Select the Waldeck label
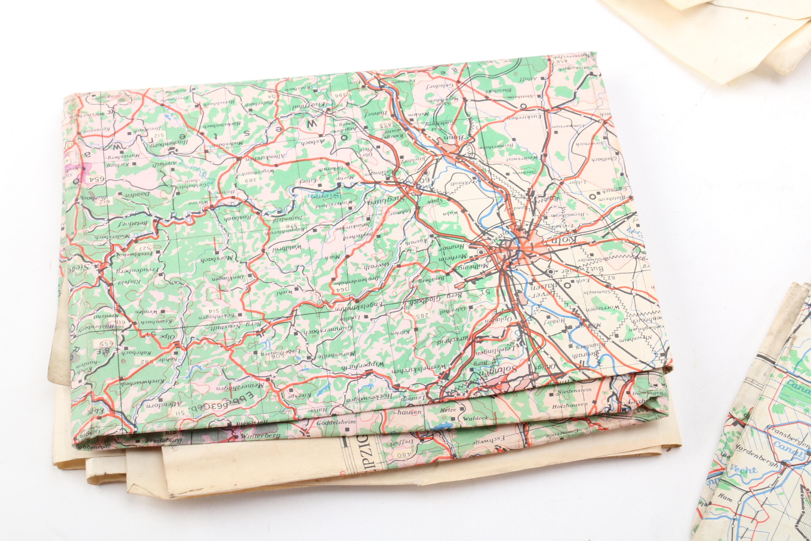(x=474, y=418)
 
